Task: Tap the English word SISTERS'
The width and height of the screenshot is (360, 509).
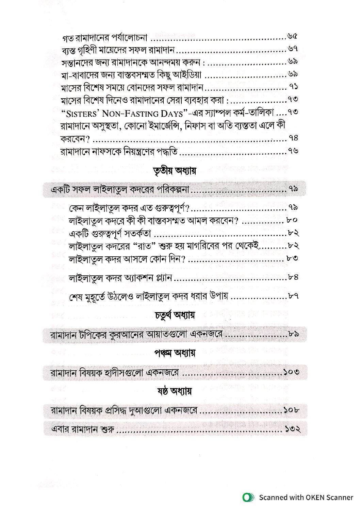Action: tap(79, 113)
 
